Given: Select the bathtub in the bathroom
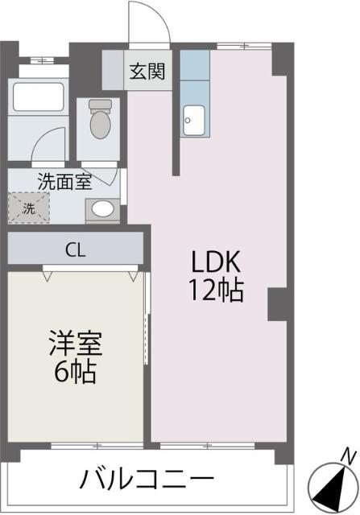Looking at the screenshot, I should click(37, 97).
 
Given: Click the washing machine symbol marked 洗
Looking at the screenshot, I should click(29, 208).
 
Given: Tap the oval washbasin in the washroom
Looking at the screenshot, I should click(102, 209).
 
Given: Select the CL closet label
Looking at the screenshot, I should click(77, 249).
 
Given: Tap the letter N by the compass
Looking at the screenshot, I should click(348, 455).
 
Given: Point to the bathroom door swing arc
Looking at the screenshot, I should click(50, 143).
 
